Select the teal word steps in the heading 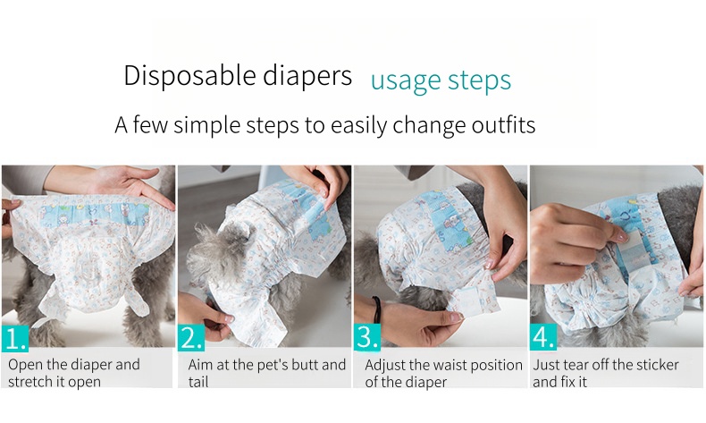coord(480,81)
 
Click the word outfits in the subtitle coord(503,124)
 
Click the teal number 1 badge coord(15,338)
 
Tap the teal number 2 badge coord(191,338)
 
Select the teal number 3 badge coord(367,337)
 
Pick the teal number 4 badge coord(543,337)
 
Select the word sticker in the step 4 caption coord(658,365)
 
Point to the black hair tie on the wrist coord(376,309)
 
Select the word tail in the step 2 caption coord(198,382)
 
